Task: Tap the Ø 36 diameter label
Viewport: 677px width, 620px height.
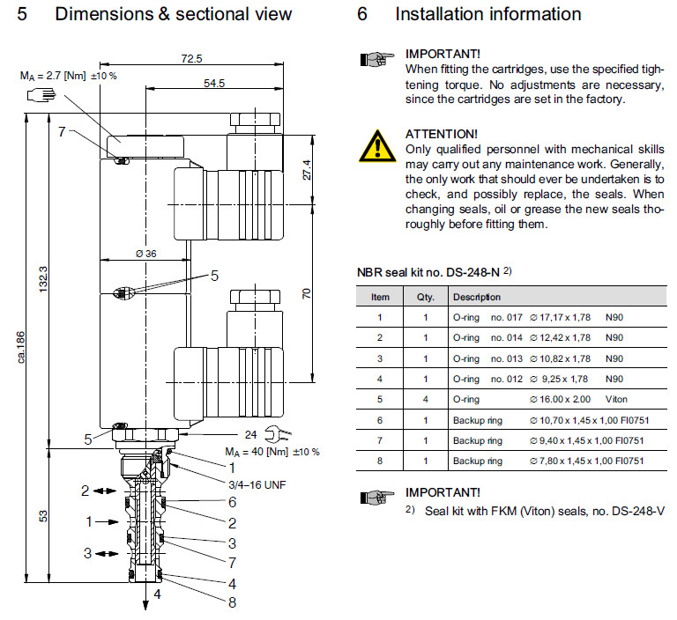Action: coord(145,254)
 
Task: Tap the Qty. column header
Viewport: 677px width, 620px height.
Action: coord(425,298)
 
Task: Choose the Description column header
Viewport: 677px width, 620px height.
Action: coord(476,298)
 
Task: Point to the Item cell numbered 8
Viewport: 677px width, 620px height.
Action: coord(379,461)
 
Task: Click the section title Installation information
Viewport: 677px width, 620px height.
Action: coord(487,14)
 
